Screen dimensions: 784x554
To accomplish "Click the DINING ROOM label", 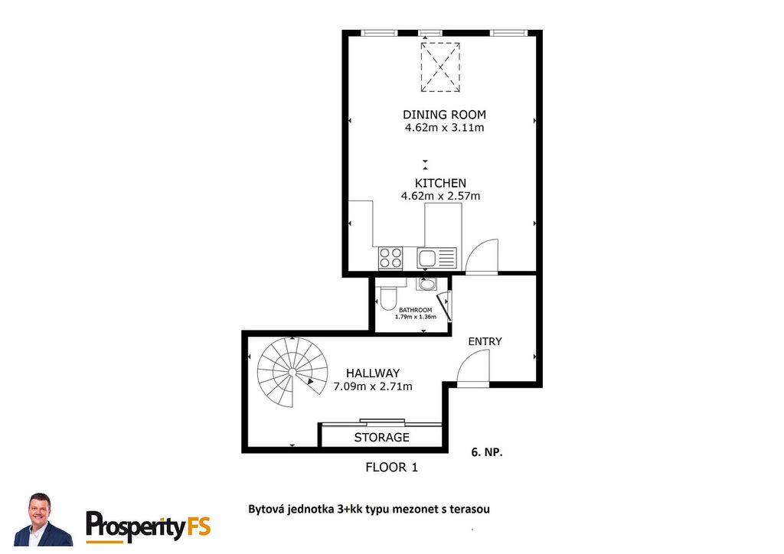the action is tap(444, 115).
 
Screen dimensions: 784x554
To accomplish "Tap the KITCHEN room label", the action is tap(440, 183).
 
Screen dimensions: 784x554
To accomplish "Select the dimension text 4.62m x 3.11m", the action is tap(444, 127).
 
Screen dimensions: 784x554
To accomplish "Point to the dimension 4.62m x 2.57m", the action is tap(440, 196).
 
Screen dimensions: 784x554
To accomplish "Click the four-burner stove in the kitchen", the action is tap(390, 259).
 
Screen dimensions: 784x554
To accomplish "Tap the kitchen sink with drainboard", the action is tap(436, 259).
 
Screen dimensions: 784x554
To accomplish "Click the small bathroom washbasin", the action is tap(426, 284).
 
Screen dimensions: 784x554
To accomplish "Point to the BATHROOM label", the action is tap(416, 310).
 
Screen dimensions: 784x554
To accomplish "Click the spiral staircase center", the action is tap(292, 373).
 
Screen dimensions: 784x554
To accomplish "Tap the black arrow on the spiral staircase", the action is tap(311, 382).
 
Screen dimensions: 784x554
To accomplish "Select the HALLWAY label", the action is tap(373, 373).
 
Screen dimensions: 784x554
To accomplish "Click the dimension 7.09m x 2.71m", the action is tap(373, 386).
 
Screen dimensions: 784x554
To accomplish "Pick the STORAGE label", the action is tap(382, 438).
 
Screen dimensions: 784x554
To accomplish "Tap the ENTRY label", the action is tap(485, 341).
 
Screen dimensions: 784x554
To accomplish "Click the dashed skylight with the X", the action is tap(440, 67).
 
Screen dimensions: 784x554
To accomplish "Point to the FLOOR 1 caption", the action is tap(391, 468).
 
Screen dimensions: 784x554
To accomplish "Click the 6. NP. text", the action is tap(487, 452).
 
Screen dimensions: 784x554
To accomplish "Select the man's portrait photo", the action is tap(44, 520).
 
